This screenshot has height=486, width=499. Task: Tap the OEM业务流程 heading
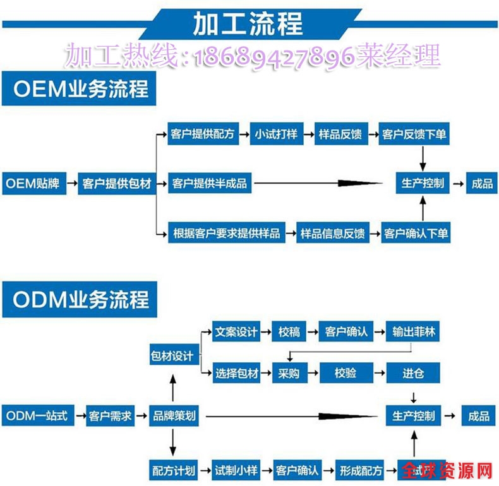(80, 89)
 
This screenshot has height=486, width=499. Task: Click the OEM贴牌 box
(33, 184)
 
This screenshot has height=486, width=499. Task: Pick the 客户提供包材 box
(117, 184)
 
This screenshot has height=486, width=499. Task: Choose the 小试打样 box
(275, 134)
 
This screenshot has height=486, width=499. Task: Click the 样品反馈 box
(340, 134)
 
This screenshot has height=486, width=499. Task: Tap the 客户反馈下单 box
(415, 134)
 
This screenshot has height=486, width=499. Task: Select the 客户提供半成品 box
(210, 184)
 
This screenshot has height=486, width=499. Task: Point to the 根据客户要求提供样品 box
(226, 233)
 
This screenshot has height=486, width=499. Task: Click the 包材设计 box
(172, 355)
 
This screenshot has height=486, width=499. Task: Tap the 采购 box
(288, 373)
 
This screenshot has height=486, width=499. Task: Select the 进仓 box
(413, 373)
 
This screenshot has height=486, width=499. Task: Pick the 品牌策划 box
(174, 416)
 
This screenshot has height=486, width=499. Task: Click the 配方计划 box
(174, 470)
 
